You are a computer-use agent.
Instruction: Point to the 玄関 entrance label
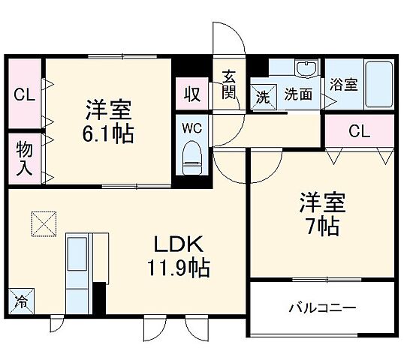tap(229, 85)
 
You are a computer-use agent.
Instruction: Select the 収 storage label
tap(191, 95)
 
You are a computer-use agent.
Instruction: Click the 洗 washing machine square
tap(262, 96)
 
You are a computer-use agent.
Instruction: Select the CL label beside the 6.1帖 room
tap(23, 95)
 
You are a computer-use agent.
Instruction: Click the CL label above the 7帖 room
tap(359, 132)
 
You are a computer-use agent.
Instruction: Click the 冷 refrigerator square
tap(21, 302)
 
